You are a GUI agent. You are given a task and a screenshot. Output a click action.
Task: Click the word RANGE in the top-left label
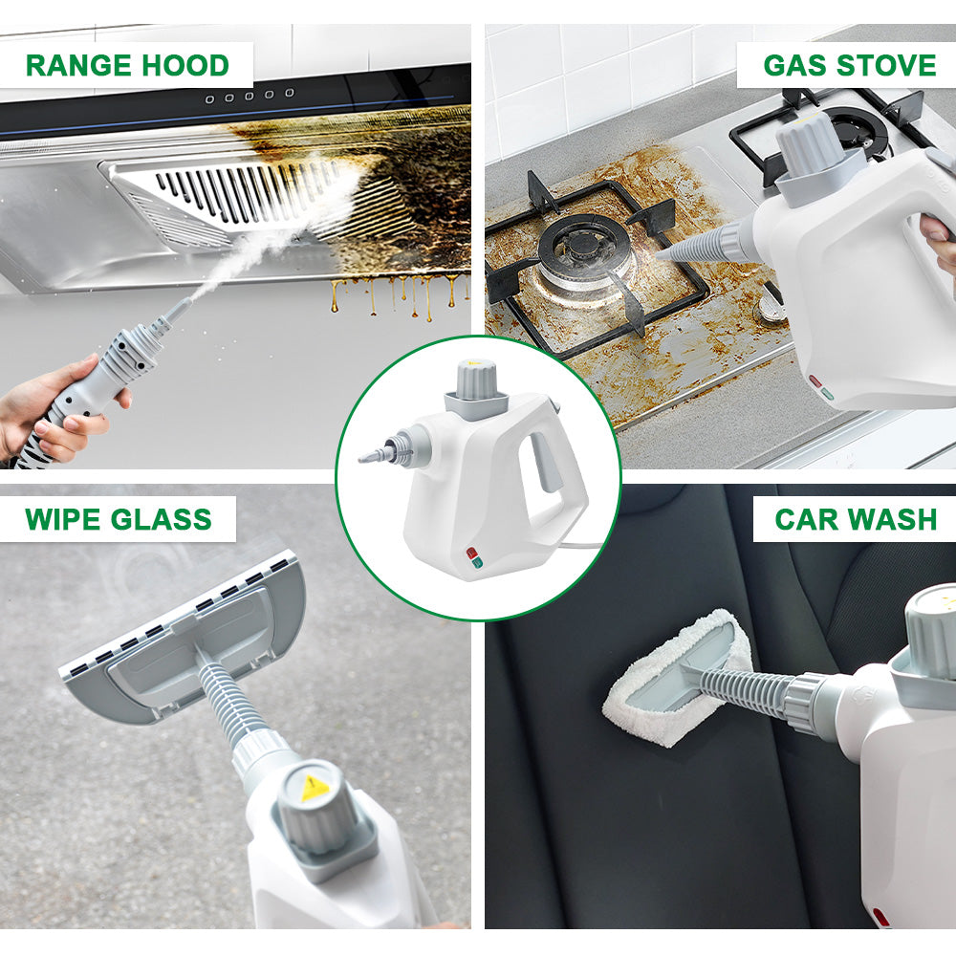point(78,65)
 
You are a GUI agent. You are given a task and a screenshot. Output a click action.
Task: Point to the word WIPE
point(62,519)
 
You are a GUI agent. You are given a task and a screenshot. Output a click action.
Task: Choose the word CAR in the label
point(805,519)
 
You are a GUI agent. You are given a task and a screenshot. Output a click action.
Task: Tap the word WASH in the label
point(892,519)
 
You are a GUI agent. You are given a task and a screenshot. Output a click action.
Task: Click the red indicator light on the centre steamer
point(471,553)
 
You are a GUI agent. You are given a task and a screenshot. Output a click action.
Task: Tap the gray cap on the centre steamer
point(477,380)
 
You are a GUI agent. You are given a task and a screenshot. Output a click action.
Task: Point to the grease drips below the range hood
point(397,295)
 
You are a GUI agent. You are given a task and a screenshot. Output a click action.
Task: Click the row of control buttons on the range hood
point(250,97)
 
